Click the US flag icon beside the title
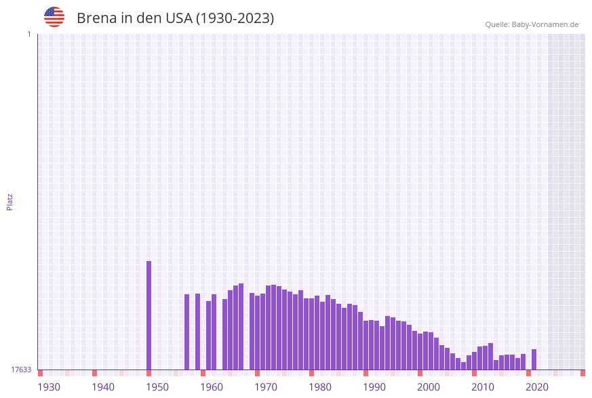[x=54, y=17]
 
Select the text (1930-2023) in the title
[x=235, y=18]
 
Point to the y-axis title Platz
[x=10, y=202]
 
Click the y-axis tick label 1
[x=28, y=34]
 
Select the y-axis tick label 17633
[x=21, y=370]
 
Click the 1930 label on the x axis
[x=49, y=387]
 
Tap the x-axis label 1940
[x=103, y=387]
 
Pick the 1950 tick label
[x=157, y=387]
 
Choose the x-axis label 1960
[x=212, y=387]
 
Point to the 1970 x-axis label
[x=266, y=387]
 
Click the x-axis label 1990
[x=374, y=387]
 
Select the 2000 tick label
[x=429, y=387]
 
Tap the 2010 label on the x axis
[x=483, y=387]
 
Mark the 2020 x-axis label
[x=537, y=387]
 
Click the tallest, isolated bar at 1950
[x=149, y=315]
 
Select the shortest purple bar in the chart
[x=464, y=366]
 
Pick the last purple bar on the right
[x=534, y=359]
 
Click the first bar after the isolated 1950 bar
[x=187, y=332]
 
